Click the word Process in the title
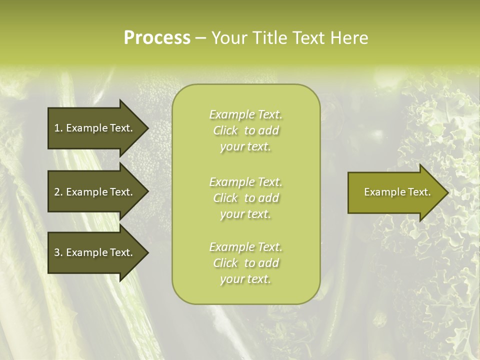[157, 38]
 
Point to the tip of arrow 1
[147, 128]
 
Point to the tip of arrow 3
[147, 252]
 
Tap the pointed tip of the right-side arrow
[447, 192]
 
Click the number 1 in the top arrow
[57, 128]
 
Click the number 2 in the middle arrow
[57, 192]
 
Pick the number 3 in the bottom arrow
[57, 252]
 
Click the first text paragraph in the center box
[245, 130]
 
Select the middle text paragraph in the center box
[245, 198]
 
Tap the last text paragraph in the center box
[245, 263]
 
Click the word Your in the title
[229, 38]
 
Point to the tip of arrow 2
[147, 192]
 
